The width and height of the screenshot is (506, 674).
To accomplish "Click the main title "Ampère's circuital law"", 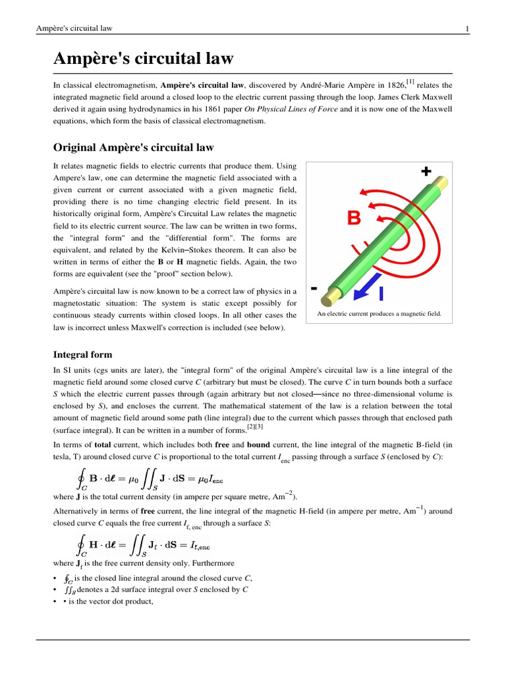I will click(x=143, y=59).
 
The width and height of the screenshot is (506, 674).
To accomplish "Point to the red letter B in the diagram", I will click(x=354, y=219).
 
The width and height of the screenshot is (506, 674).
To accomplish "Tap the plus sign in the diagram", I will click(x=426, y=172).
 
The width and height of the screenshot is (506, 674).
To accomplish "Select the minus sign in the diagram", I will click(x=314, y=288).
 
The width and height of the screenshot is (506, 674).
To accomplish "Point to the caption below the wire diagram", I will click(x=379, y=314).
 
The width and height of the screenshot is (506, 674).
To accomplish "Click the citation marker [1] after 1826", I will click(x=410, y=82).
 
